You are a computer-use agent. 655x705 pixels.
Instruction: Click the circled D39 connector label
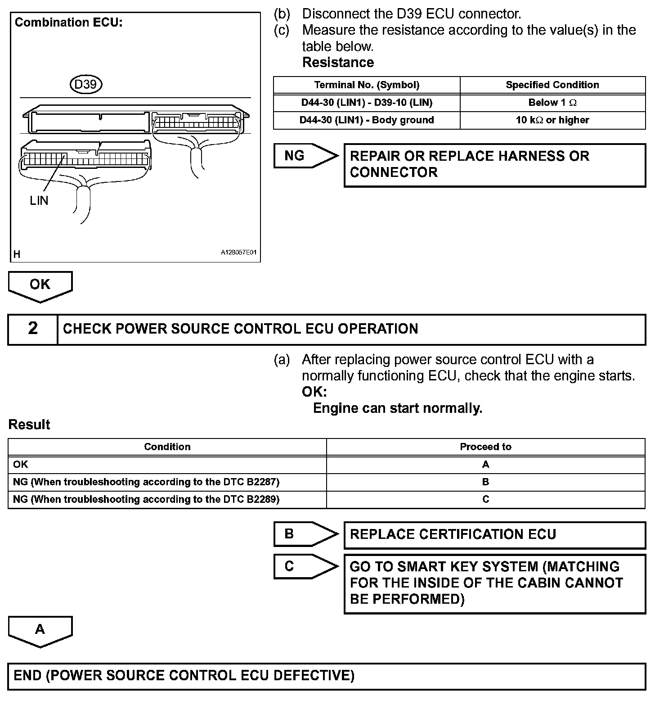coord(86,84)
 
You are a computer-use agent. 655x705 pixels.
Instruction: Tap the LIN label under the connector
coord(39,200)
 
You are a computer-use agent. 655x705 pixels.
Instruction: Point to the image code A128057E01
coord(238,253)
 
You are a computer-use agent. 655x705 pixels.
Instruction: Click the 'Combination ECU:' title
coord(68,23)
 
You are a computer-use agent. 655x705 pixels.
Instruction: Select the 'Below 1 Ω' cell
coord(552,103)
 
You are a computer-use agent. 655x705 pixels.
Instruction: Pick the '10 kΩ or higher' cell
coord(552,120)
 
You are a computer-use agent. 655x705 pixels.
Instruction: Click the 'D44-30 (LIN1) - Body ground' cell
coord(367,120)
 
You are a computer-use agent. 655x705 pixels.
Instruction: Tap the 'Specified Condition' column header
coord(552,85)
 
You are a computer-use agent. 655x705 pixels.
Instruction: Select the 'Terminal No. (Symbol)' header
coord(367,85)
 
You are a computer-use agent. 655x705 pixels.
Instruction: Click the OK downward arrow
coord(40,285)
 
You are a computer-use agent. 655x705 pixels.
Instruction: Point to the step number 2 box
coord(33,329)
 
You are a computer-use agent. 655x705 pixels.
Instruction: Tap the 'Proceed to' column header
coord(485,447)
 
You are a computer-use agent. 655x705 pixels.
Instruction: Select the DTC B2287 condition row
coord(146,482)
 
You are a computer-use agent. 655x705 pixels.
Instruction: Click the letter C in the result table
coord(485,499)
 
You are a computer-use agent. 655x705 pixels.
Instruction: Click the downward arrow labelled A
coord(40,630)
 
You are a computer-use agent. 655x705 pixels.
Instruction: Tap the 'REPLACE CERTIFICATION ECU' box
coord(494,535)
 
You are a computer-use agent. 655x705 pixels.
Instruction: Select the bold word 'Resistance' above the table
coord(338,63)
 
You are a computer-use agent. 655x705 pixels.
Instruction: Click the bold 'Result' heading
coord(29,425)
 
